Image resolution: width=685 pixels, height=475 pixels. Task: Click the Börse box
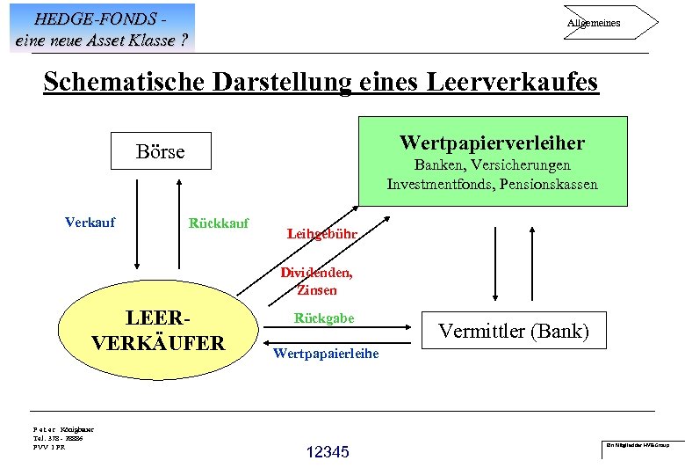(161, 151)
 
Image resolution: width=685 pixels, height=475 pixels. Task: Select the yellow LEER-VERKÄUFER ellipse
(157, 329)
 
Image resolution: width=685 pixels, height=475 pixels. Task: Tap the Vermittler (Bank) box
(514, 332)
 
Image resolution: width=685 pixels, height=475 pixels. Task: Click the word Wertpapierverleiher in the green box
(491, 142)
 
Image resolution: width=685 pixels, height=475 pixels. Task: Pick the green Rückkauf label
(219, 223)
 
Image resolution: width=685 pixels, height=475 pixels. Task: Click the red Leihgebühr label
(321, 234)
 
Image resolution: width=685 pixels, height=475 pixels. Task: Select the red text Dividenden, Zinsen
(316, 281)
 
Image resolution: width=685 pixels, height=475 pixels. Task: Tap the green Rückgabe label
(324, 318)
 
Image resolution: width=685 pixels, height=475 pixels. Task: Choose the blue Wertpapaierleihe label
(326, 354)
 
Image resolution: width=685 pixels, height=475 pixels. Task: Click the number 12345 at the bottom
(328, 452)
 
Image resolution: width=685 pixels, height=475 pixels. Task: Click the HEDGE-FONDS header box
(102, 27)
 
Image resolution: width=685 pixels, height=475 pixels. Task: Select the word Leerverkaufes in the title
(512, 82)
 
